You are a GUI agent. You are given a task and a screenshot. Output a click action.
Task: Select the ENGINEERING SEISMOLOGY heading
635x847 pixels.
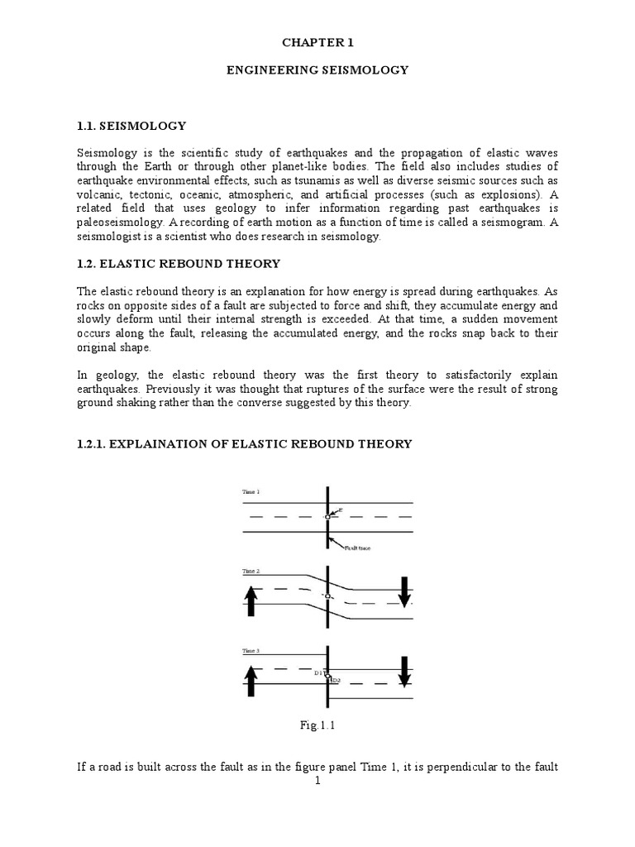click(x=317, y=70)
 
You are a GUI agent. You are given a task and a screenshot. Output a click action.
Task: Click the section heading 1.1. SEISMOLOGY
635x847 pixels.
click(x=131, y=126)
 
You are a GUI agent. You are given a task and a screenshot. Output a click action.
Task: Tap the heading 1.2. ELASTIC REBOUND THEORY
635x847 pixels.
click(x=179, y=263)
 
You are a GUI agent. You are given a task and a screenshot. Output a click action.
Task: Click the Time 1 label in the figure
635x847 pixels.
click(x=251, y=492)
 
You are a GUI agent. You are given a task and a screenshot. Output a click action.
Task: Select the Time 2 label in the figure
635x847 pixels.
click(x=251, y=572)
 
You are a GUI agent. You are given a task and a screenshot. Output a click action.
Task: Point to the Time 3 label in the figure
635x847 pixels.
click(x=251, y=651)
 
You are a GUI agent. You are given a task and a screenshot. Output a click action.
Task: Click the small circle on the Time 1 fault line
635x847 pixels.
click(x=327, y=517)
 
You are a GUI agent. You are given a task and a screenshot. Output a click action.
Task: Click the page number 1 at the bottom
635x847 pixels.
click(x=317, y=780)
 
